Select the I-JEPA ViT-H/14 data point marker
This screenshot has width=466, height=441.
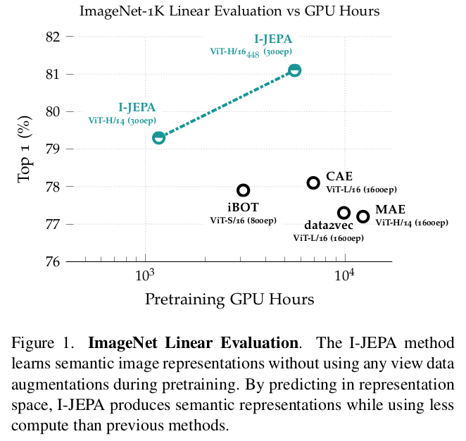[x=159, y=137]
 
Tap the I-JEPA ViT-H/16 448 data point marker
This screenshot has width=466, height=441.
[x=294, y=70]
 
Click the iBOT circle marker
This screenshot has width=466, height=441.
[x=243, y=190]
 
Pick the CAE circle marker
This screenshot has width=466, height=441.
[x=313, y=182]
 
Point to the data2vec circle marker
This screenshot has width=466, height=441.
[x=344, y=213]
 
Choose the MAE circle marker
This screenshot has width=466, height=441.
[x=363, y=216]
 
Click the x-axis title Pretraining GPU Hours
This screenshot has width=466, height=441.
[x=229, y=299]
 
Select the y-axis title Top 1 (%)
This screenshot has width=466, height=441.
[x=25, y=149]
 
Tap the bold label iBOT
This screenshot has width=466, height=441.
[x=243, y=208]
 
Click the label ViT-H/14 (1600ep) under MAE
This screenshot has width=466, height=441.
[x=411, y=223]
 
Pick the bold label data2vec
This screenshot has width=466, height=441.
[x=328, y=225]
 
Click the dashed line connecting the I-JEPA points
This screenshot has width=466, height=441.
[x=227, y=104]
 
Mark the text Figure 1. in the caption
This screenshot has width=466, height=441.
[x=42, y=344]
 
